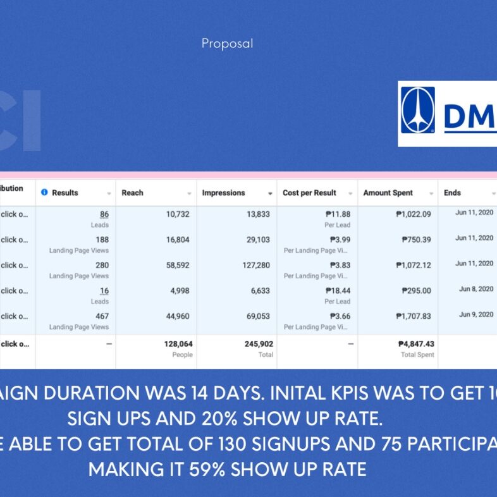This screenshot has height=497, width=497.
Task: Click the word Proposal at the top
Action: click(x=227, y=44)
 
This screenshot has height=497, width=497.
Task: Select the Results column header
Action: click(x=64, y=193)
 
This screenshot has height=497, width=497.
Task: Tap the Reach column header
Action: click(x=132, y=193)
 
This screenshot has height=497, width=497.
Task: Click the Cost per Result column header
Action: click(x=309, y=193)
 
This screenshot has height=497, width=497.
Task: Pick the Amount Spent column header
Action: click(x=388, y=193)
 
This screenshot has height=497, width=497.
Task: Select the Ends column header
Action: click(x=452, y=193)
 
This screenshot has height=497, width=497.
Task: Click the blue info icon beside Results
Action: click(x=44, y=192)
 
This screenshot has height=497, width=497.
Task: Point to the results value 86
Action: click(x=104, y=214)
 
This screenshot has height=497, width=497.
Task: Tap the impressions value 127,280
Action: click(x=255, y=266)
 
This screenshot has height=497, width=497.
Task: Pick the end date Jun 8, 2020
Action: click(x=476, y=289)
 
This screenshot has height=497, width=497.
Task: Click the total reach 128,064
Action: click(x=178, y=344)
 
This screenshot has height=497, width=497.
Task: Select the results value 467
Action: click(x=102, y=316)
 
